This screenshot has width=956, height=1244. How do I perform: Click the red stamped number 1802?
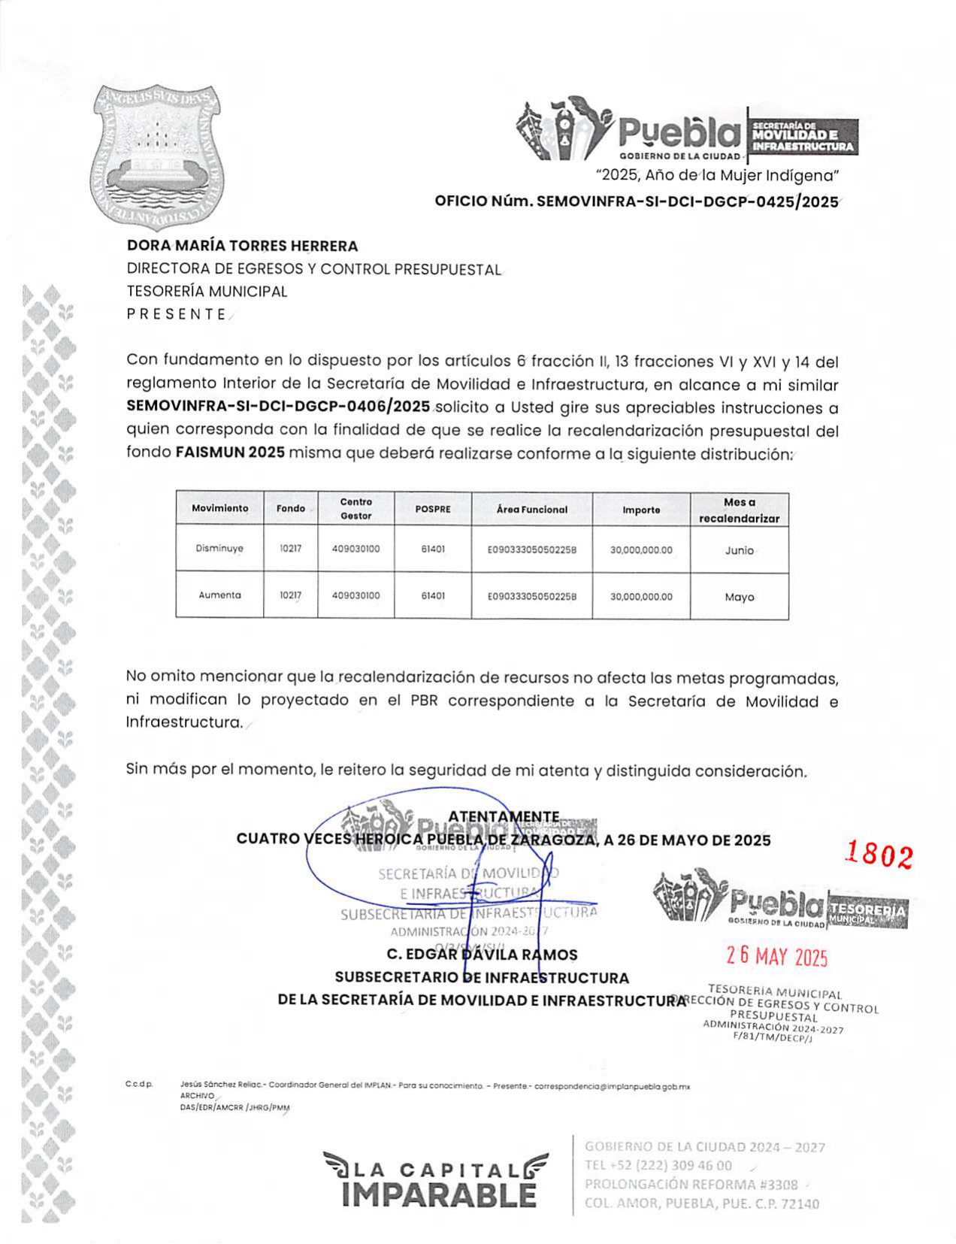879,855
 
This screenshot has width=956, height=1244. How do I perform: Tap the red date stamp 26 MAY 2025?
776,956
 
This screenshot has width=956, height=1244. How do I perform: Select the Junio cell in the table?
739,550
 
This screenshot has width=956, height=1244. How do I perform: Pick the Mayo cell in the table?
739,597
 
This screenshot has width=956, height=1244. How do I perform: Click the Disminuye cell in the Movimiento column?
219,549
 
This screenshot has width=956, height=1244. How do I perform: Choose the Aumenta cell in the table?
219,595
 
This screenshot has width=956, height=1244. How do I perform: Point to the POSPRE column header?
433,510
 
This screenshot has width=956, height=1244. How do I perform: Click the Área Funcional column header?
531,510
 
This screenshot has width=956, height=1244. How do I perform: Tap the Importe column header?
641,510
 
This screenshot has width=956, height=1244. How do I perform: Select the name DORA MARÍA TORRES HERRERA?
242,246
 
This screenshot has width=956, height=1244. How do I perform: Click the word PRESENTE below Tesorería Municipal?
176,314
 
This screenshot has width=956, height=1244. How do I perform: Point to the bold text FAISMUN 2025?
230,453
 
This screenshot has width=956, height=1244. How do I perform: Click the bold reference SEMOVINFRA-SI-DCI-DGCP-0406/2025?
278,407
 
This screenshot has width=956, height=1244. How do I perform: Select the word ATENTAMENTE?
504,817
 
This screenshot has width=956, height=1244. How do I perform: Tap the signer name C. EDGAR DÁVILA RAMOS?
482,955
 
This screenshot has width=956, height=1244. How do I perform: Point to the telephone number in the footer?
658,1165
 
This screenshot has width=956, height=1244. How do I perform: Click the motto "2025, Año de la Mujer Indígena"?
717,176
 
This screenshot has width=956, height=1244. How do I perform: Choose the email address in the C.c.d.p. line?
612,1086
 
